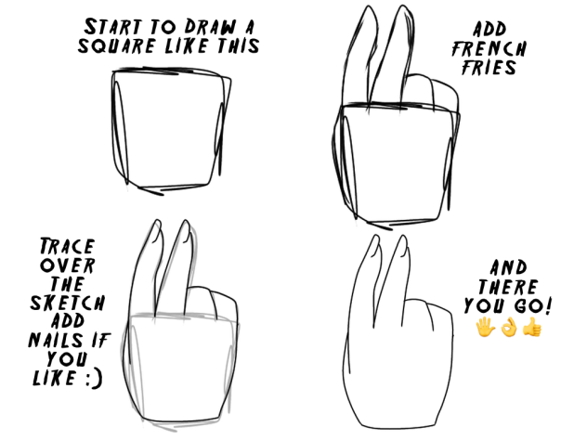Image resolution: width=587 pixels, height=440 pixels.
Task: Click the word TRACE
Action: click(65, 248)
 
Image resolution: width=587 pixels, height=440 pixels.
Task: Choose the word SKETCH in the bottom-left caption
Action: click(68, 304)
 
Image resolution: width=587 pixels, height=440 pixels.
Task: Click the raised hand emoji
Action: click(484, 328)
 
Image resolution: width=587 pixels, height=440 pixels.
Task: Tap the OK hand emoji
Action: click(507, 328)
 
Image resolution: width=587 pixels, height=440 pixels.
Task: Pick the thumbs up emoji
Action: click(531, 328)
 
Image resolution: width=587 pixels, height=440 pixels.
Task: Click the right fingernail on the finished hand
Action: click(403, 247)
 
